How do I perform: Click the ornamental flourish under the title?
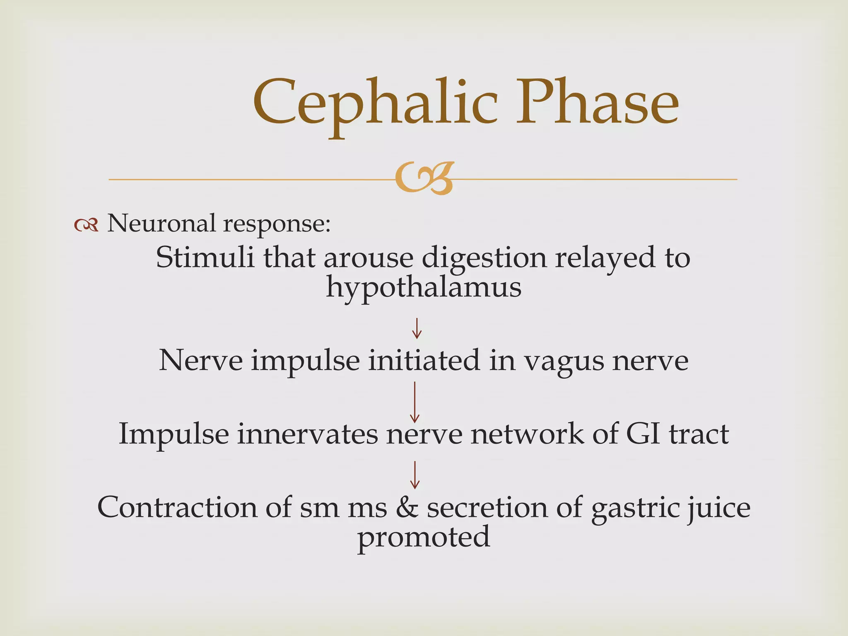coord(424,178)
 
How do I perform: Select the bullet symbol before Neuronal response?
coord(86,225)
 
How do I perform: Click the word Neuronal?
coord(161,224)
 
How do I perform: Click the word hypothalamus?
coord(424,287)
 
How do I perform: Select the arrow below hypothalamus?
coord(416,328)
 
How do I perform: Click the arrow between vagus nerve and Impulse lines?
coord(414,402)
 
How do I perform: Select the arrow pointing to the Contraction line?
coord(414,475)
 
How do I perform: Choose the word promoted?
coord(424,537)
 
